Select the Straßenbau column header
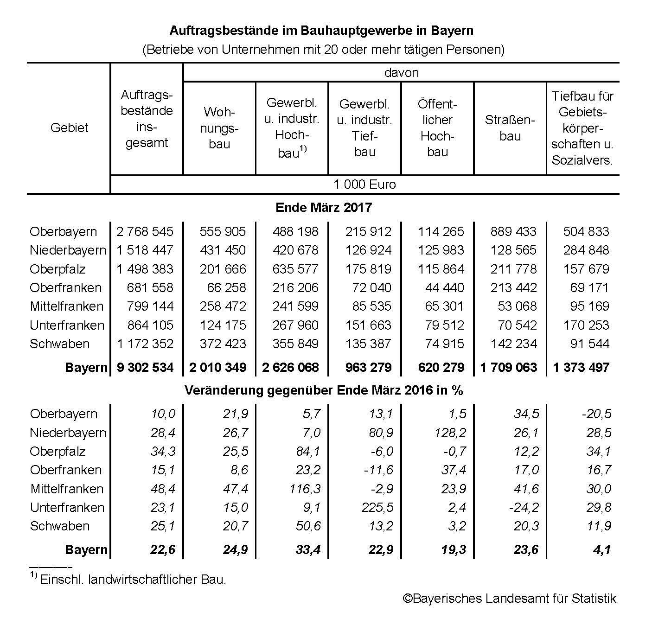510,128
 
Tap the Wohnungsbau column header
219,128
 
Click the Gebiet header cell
69,128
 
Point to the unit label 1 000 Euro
364,185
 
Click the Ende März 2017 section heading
324,207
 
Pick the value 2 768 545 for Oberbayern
145,231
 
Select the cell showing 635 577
295,269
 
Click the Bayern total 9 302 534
145,368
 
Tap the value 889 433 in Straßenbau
513,231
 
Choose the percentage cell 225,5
377,507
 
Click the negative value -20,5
596,414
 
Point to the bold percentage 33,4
308,550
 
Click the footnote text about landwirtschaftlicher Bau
133,580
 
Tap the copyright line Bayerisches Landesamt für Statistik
509,599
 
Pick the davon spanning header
401,73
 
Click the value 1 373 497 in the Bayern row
581,368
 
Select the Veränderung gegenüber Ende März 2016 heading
324,390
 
